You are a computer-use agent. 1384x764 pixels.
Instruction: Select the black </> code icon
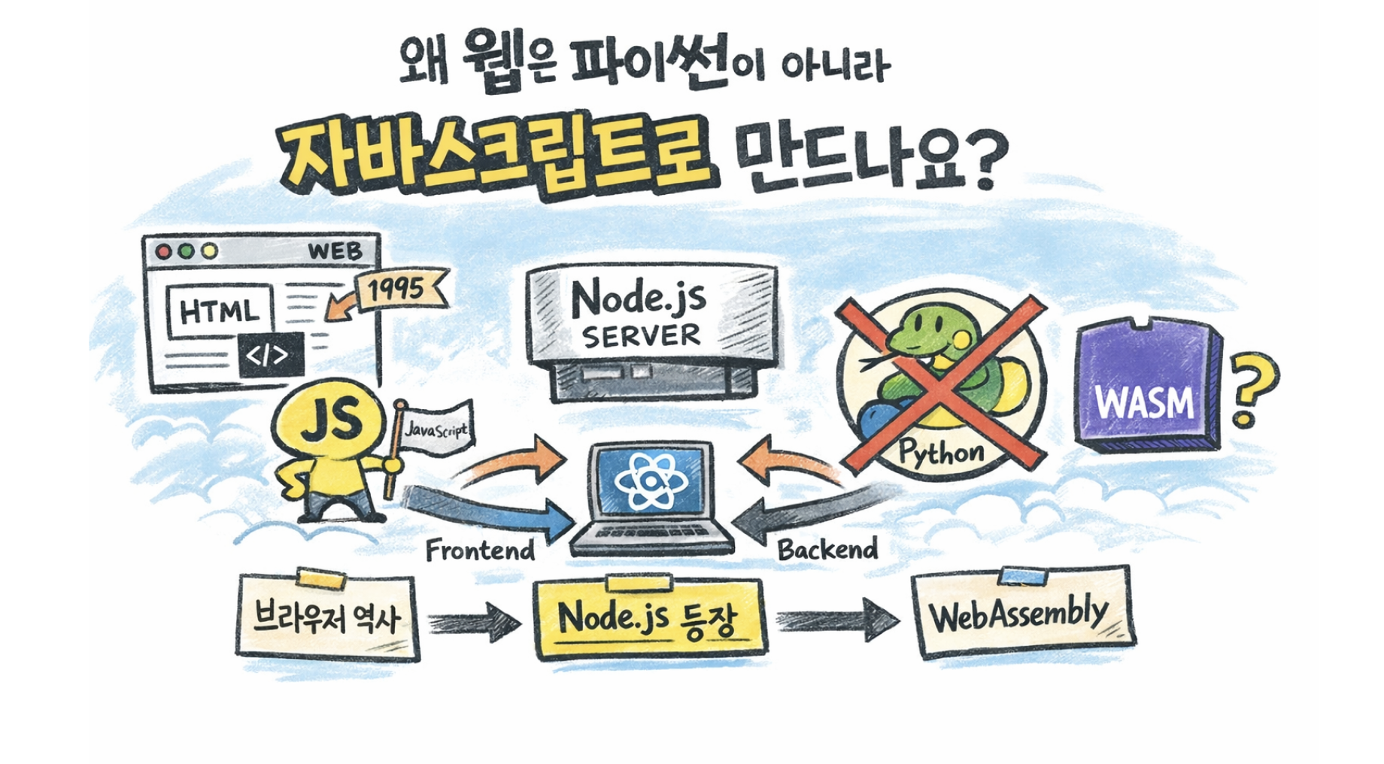click(271, 354)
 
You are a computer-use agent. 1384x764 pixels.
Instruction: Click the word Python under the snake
click(941, 453)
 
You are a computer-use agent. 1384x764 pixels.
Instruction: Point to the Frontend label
click(480, 551)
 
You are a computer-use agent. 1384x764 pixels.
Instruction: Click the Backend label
click(827, 550)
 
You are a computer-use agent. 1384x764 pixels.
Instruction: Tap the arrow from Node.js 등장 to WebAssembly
click(837, 620)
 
